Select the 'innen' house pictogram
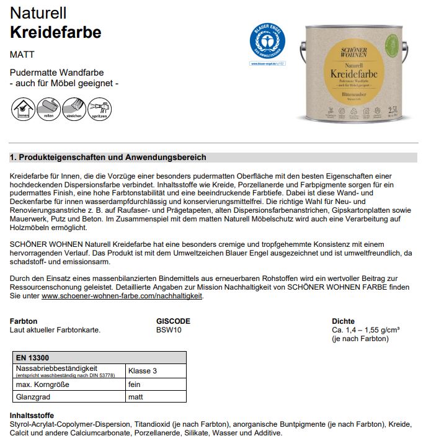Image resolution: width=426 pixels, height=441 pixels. (23, 109)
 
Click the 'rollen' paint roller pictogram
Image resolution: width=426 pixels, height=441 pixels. (48, 109)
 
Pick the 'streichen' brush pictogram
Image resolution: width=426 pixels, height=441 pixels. (74, 109)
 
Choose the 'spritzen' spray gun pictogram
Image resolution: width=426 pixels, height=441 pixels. (99, 109)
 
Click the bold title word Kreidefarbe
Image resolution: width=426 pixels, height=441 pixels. (55, 32)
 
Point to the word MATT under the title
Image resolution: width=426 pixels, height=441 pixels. (22, 55)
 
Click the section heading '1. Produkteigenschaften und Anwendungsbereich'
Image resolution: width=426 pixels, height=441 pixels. (108, 158)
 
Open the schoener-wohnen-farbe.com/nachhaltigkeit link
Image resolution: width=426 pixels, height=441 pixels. (122, 296)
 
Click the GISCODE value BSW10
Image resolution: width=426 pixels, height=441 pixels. (169, 331)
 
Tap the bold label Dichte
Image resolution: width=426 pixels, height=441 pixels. (343, 321)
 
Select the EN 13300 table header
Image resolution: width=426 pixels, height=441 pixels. (33, 358)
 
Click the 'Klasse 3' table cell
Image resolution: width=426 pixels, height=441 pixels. (143, 371)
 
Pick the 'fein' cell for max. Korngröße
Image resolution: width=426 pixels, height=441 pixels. (135, 385)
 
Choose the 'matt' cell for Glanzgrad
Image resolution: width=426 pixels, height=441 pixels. (136, 397)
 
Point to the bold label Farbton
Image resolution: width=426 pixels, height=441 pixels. (24, 321)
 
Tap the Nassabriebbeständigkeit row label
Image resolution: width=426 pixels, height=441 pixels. (56, 368)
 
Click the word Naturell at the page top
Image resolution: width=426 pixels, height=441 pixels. (38, 12)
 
